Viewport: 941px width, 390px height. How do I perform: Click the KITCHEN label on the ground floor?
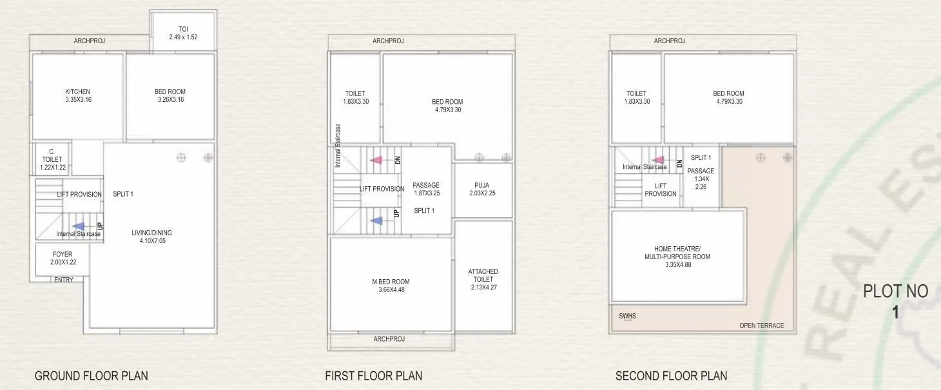[77, 95]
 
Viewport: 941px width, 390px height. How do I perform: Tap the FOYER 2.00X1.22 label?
[63, 258]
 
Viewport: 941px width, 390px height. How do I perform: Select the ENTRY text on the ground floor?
[64, 280]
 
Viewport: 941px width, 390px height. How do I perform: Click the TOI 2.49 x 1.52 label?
[183, 33]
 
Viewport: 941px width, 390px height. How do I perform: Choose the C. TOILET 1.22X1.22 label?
[52, 159]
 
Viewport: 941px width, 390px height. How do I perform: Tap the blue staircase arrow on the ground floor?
[78, 226]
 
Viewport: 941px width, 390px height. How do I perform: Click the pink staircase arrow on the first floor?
[376, 160]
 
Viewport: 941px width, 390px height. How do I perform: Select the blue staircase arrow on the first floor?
[377, 221]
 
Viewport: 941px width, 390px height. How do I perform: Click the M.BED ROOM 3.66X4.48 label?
[391, 286]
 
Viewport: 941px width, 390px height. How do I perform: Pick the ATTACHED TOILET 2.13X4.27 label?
[483, 279]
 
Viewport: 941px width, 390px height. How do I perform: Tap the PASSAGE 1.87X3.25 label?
[426, 189]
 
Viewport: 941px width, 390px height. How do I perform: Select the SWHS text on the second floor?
[627, 317]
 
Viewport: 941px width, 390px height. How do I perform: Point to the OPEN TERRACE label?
[761, 326]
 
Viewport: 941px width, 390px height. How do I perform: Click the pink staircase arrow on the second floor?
[659, 160]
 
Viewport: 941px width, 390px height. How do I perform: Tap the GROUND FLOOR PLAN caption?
[91, 376]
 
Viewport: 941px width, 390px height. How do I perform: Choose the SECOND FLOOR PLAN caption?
[671, 376]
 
